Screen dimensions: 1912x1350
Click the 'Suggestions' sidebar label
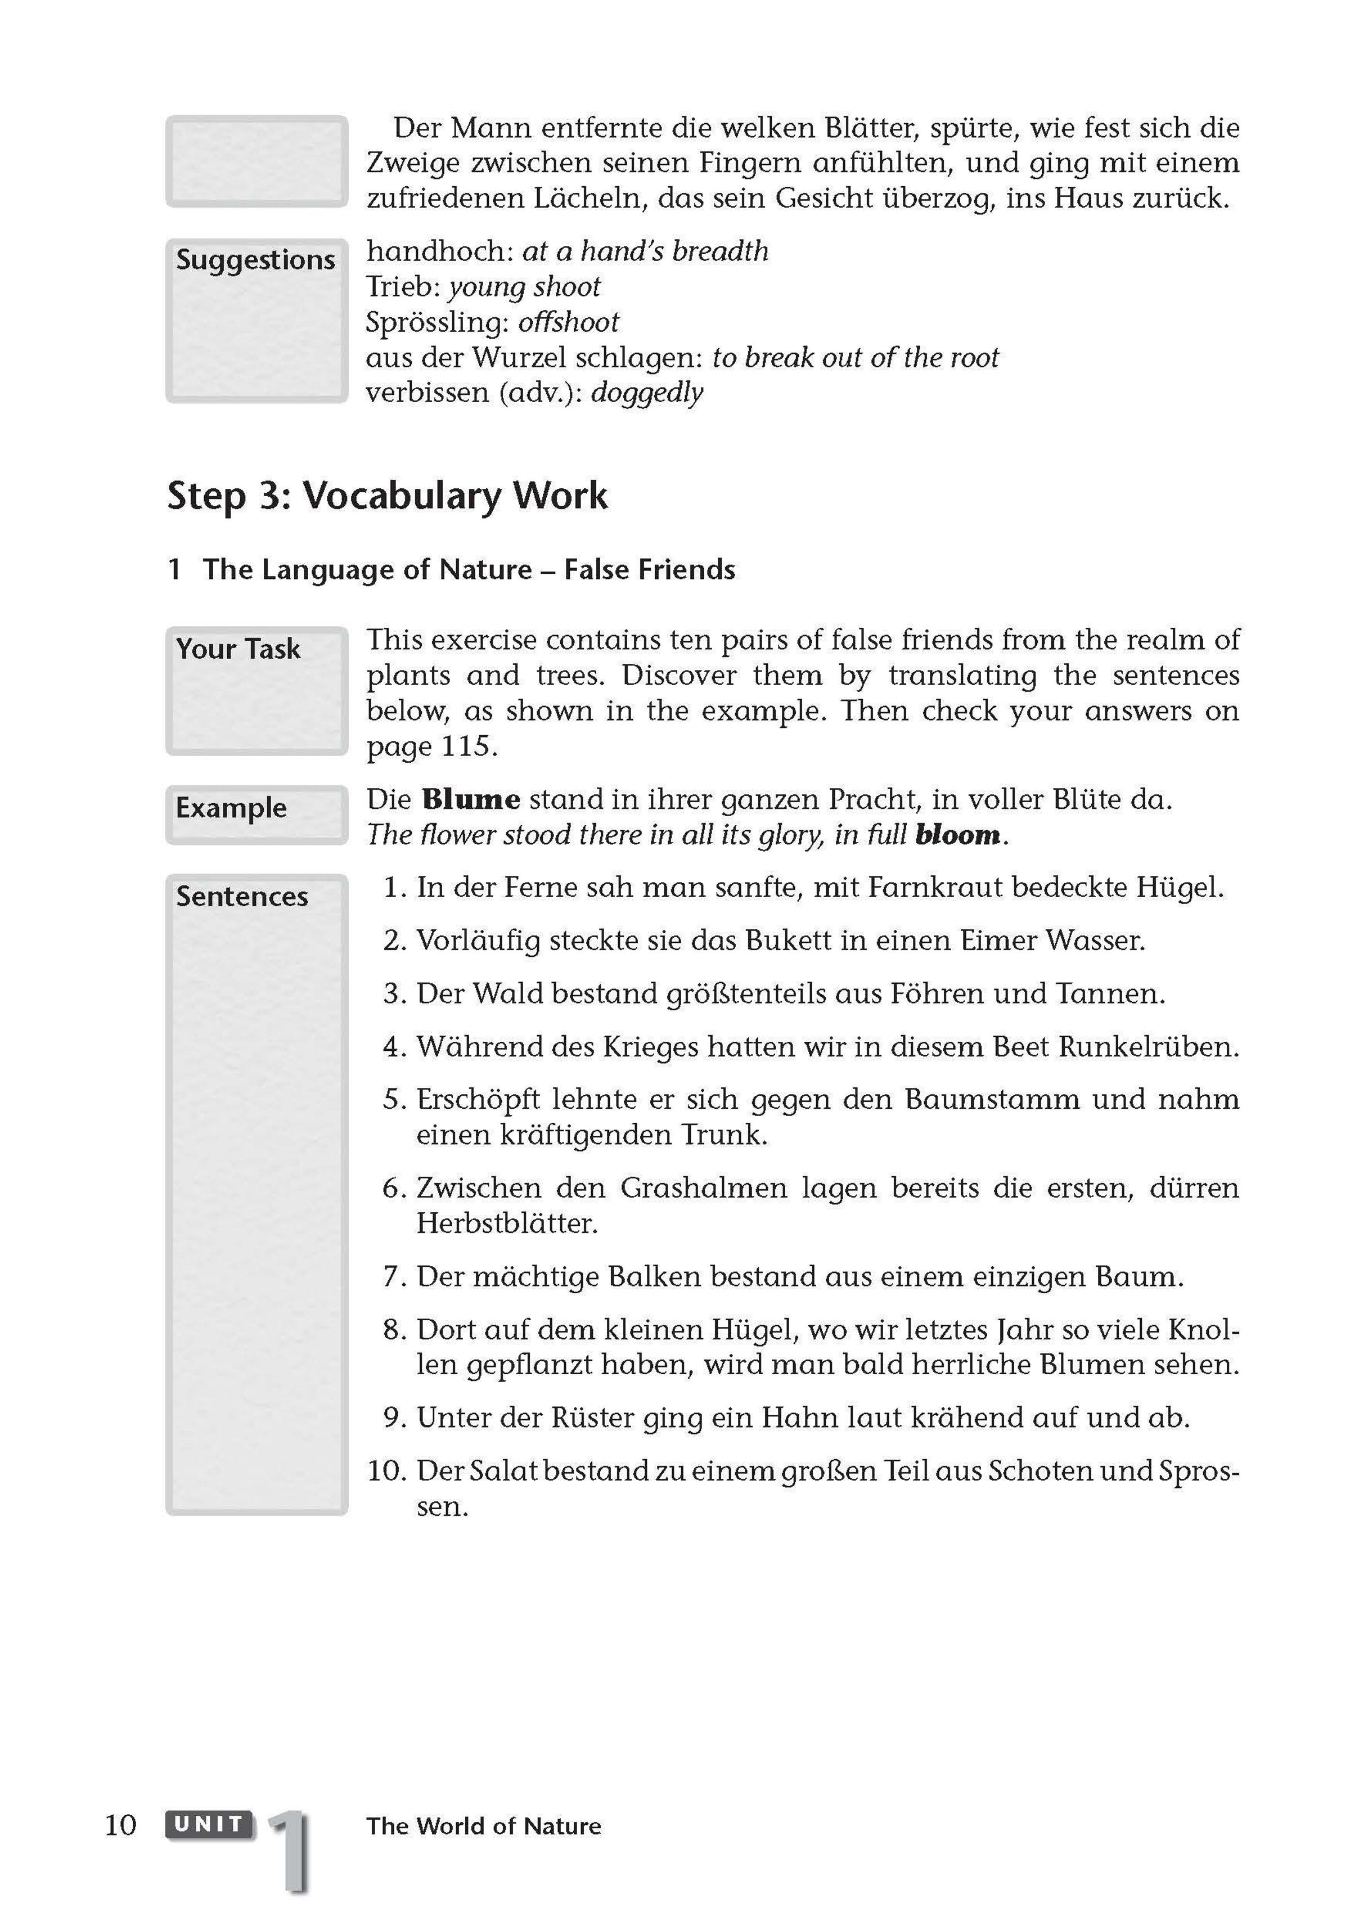(x=255, y=260)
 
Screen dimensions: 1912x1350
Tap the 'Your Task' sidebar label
(x=237, y=649)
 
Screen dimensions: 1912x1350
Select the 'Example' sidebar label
(x=231, y=808)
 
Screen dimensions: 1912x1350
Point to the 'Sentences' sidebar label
(x=241, y=897)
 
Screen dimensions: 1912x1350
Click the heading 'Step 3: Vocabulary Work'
(x=387, y=496)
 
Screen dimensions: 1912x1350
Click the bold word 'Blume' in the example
(x=471, y=799)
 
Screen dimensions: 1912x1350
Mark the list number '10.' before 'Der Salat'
(x=386, y=1470)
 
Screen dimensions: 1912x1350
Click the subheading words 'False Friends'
(x=650, y=570)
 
